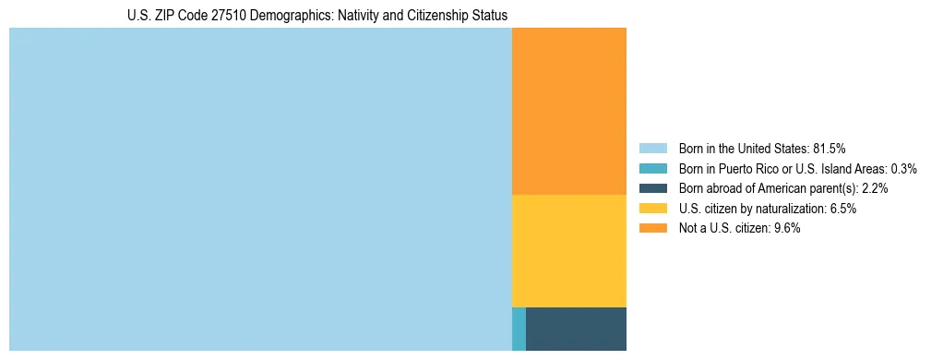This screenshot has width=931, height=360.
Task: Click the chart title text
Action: point(317,16)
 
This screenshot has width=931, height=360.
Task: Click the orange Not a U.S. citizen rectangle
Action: point(568,111)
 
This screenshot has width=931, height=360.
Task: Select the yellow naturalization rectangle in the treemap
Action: point(568,250)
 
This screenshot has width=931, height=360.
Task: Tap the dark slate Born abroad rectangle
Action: point(576,329)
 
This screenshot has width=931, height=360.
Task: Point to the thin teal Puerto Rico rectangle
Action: point(519,329)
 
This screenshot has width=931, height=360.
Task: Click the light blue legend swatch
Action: point(652,148)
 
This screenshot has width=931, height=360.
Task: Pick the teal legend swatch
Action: point(652,168)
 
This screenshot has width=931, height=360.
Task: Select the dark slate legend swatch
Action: point(652,188)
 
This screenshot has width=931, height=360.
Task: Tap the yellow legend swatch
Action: point(652,209)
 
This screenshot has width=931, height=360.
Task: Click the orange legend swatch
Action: point(652,229)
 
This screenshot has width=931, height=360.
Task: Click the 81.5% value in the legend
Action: point(830,148)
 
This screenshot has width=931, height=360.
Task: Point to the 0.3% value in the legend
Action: point(903,168)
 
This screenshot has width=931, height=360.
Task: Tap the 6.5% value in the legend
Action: point(843,209)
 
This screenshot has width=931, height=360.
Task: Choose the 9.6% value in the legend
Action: point(786,229)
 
